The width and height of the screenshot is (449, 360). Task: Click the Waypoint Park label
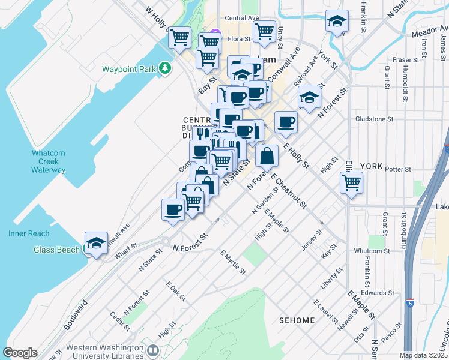click(128, 69)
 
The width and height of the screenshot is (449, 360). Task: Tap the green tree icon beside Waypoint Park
click(165, 68)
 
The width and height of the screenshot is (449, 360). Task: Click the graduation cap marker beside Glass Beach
click(96, 243)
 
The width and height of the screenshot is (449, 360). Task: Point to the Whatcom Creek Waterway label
click(49, 161)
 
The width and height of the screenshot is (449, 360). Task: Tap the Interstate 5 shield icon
click(409, 303)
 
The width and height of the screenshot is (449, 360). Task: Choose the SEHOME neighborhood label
click(297, 320)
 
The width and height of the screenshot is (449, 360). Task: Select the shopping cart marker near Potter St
click(351, 182)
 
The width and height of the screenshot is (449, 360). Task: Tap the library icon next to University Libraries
click(152, 349)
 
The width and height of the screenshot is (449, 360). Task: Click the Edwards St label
click(381, 293)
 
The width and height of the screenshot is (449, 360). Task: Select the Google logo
click(20, 353)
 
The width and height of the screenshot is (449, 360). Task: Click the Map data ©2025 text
click(423, 355)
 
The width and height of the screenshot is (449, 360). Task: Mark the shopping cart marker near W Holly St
click(179, 38)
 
